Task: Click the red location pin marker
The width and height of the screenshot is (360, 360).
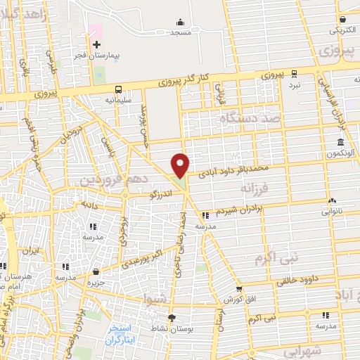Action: click(181, 165)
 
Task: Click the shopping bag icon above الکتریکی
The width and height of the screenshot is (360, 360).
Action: click(342, 20)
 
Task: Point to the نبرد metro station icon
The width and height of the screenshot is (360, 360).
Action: click(295, 73)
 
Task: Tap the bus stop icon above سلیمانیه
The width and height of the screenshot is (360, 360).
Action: click(118, 89)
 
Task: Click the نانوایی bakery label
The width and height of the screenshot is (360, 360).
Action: click(332, 210)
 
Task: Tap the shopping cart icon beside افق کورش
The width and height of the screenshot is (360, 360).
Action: click(240, 288)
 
